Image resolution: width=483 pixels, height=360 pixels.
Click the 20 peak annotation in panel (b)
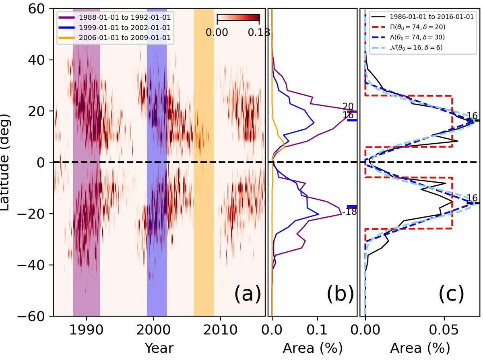(x=348, y=106)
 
